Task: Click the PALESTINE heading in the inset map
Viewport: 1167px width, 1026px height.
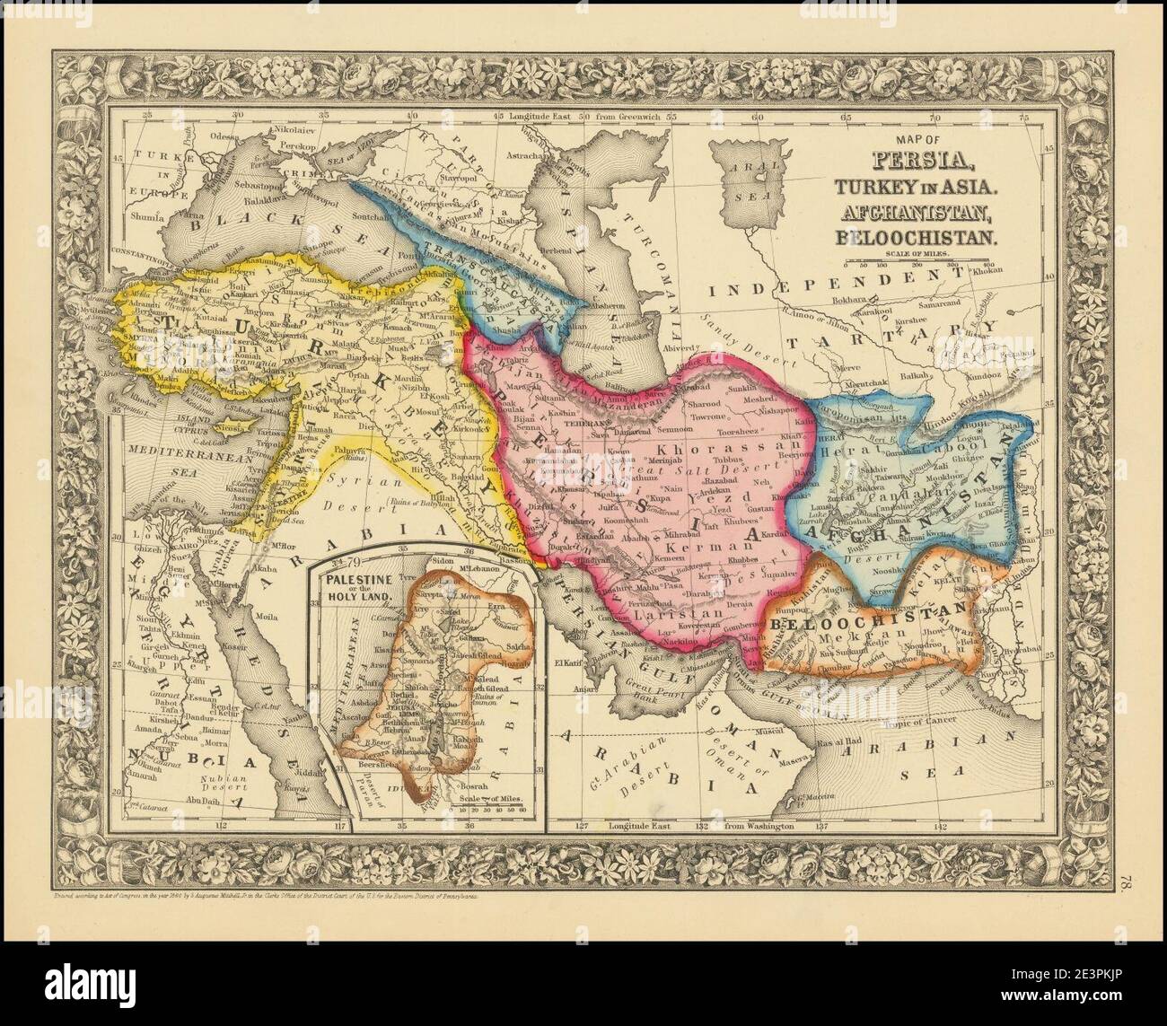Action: (x=358, y=569)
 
